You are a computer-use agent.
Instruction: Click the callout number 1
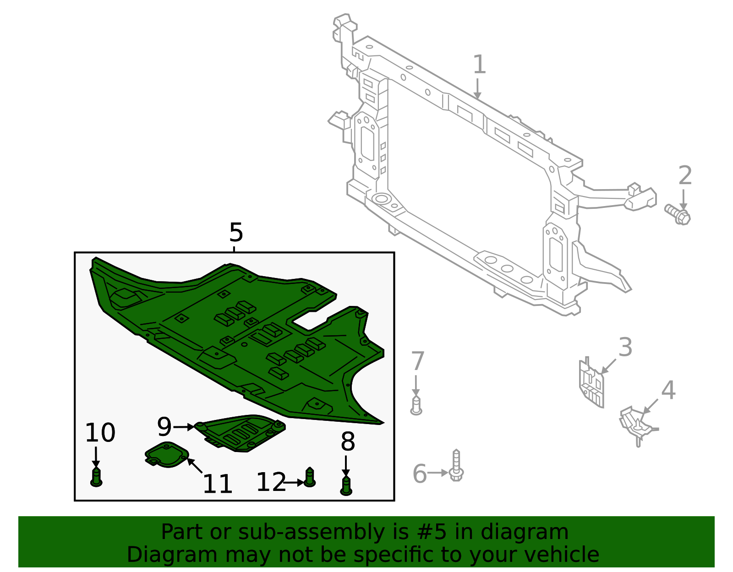[479, 65]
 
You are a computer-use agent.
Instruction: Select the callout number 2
[684, 176]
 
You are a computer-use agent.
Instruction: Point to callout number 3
[625, 348]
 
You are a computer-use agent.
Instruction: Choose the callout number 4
[668, 391]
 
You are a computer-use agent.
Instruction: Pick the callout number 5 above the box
[236, 233]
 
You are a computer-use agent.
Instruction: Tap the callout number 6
[420, 474]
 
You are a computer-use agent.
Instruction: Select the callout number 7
[417, 362]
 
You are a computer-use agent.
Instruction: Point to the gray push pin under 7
[416, 406]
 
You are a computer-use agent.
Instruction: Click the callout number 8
[348, 442]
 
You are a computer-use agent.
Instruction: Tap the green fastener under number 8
[347, 485]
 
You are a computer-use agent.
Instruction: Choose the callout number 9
[164, 427]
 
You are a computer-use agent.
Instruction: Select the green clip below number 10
[96, 477]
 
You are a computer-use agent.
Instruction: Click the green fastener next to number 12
[310, 477]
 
